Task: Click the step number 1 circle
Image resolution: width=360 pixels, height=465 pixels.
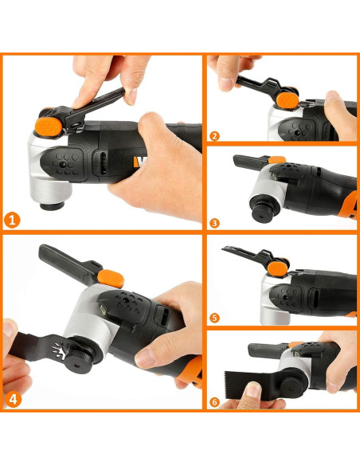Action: coord(12,221)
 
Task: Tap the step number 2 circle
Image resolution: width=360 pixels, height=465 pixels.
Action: coord(214,136)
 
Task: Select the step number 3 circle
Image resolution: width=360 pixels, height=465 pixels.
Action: coord(214,223)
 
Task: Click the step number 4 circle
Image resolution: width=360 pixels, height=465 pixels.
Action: coord(14,400)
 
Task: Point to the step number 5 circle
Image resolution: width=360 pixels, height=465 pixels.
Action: coord(214,318)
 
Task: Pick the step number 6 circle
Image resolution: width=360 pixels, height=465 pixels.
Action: coord(214,402)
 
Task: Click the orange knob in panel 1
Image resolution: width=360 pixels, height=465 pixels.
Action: coord(49,127)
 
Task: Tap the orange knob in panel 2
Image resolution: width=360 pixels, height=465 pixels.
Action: coord(288,100)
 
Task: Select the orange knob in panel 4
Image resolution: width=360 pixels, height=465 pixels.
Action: coord(111,278)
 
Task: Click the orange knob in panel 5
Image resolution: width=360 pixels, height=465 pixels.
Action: coord(277,269)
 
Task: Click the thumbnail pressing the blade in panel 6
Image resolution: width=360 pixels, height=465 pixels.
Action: coord(253,389)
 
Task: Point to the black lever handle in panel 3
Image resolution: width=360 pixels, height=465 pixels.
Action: coord(251,161)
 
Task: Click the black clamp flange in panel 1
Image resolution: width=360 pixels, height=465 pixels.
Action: coord(53,205)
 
